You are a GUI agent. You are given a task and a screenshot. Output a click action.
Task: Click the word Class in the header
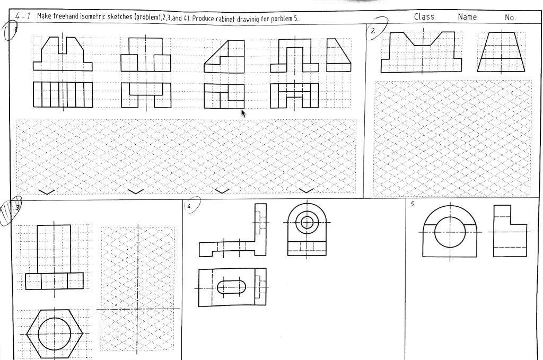(x=424, y=17)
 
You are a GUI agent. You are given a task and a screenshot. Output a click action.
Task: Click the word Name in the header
(x=467, y=17)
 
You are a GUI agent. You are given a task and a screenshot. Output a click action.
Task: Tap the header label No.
(x=511, y=17)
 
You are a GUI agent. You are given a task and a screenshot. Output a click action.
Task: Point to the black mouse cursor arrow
(x=243, y=112)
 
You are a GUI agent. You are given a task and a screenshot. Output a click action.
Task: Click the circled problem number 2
(x=374, y=31)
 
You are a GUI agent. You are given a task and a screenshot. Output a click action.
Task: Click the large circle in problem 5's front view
(x=450, y=233)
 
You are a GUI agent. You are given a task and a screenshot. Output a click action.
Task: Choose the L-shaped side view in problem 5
(x=510, y=231)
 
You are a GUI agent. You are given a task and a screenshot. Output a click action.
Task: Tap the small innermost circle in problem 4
(x=306, y=222)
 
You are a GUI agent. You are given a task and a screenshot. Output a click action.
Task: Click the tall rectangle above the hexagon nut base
(x=54, y=249)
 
